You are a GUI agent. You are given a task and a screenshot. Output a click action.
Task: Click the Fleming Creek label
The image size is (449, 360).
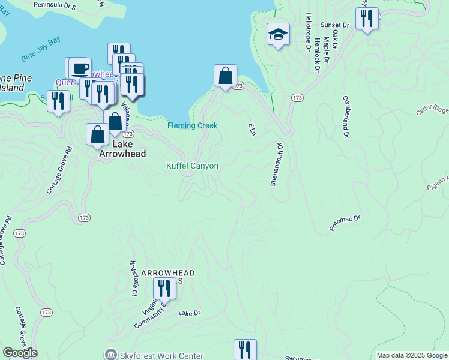coord(192,125)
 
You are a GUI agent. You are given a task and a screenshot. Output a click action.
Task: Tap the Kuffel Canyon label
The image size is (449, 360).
coord(192,166)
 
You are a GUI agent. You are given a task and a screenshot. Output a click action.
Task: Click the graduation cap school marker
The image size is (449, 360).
coord(278,35)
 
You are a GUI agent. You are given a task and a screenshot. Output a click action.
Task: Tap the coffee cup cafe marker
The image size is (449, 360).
coord(80,68)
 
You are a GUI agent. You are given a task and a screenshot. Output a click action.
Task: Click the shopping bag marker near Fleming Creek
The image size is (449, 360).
coord(225,76)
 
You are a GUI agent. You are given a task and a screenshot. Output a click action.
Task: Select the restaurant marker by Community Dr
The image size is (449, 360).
coord(164,289)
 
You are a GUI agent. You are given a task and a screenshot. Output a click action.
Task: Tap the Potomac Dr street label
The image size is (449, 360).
coord(345,223)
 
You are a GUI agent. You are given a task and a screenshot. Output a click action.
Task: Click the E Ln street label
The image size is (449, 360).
coord(252,128)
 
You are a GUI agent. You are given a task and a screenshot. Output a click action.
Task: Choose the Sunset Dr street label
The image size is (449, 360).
coord(334,25)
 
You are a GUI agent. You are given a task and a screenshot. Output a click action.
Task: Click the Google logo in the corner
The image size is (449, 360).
coord(20,353)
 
